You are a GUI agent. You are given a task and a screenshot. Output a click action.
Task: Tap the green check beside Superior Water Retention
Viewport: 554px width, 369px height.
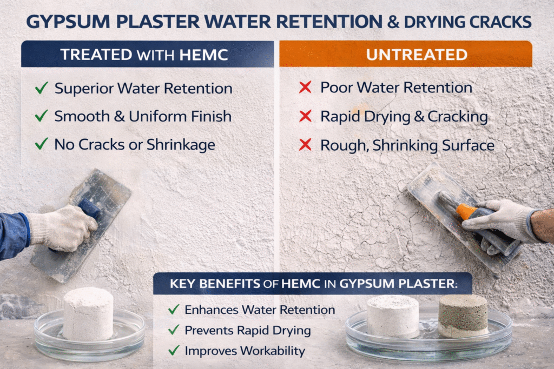click(x=41, y=88)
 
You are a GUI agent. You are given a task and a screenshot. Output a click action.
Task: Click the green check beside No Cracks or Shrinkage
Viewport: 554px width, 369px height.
click(x=41, y=144)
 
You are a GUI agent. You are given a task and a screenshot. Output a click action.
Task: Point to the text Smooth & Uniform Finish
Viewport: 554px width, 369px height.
click(x=143, y=116)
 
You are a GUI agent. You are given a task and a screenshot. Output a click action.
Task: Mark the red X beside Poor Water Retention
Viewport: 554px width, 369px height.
click(x=305, y=88)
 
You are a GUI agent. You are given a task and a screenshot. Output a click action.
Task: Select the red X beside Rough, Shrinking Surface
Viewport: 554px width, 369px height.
click(x=305, y=145)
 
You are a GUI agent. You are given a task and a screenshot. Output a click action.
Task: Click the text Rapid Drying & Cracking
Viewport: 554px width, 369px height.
click(x=404, y=116)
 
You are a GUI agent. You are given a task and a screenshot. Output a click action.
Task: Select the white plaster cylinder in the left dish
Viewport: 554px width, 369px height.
click(x=88, y=313)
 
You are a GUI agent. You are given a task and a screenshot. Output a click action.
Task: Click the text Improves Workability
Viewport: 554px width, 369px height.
click(x=245, y=351)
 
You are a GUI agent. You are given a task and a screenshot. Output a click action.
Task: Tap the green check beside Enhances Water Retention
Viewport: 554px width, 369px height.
click(x=174, y=310)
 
